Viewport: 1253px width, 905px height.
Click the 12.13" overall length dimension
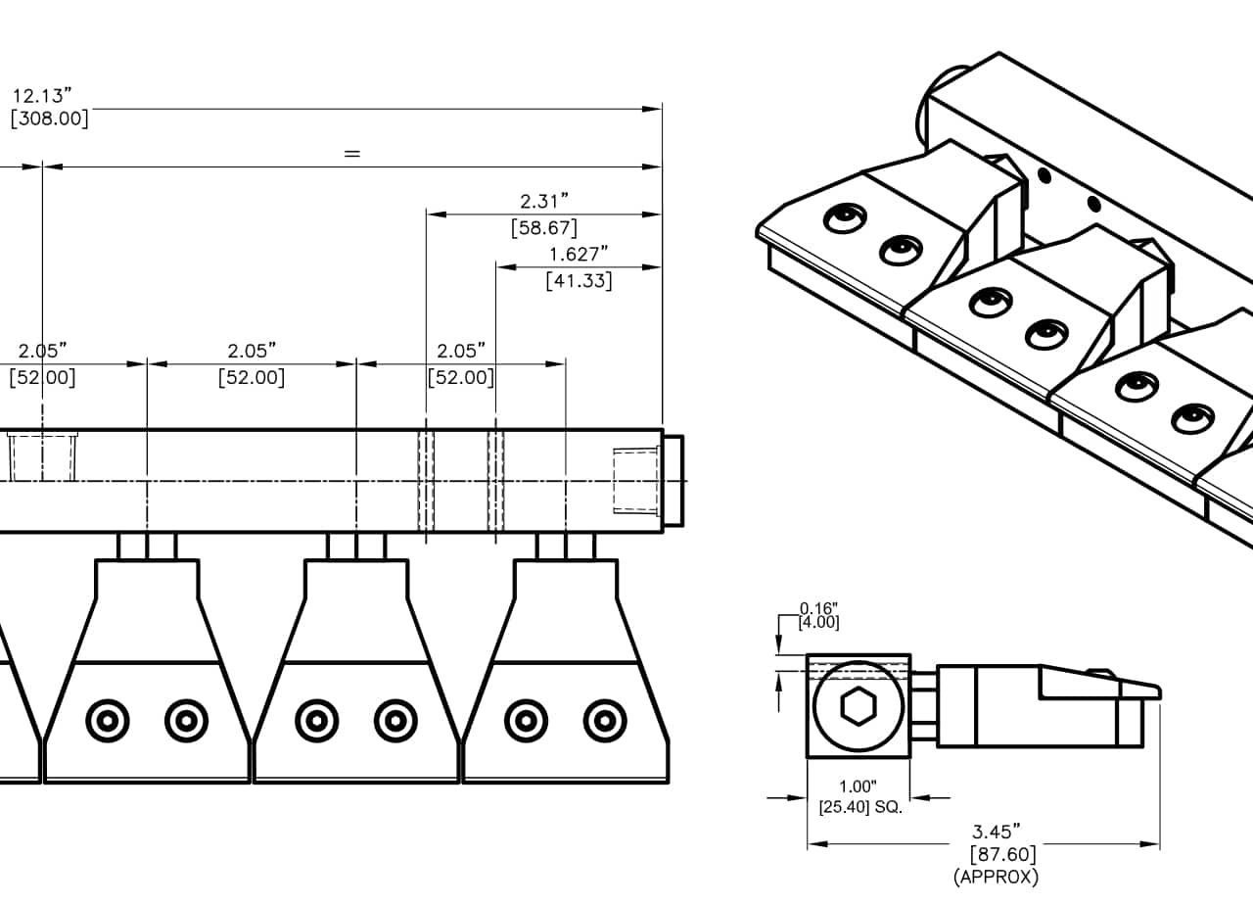pos(43,96)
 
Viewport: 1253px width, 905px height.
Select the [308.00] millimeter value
pos(49,119)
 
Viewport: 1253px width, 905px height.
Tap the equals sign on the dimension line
pos(352,154)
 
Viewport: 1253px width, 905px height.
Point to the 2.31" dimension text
pos(544,202)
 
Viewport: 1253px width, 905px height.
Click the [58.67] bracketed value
pos(544,228)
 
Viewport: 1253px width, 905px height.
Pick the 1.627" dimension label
pos(579,255)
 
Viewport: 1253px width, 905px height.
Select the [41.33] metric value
pos(579,281)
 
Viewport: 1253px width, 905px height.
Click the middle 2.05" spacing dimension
pos(252,351)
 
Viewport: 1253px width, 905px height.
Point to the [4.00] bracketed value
pos(818,622)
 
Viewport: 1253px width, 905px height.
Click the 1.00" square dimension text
pos(858,786)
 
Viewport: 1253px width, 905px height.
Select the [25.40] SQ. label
pos(860,808)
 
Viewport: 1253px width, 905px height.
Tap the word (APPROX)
pos(996,877)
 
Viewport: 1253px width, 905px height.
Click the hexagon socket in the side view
pos(859,705)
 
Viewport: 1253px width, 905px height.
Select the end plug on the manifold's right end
pos(673,480)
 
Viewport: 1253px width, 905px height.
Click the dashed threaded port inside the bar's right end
pos(636,480)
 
